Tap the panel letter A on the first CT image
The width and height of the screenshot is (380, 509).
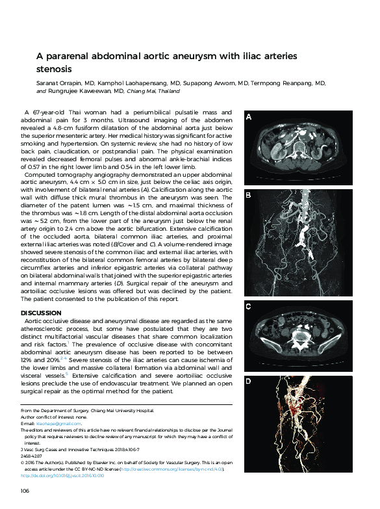pos(247,118)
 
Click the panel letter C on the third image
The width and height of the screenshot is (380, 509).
pos(247,306)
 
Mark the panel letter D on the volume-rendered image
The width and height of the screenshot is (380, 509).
pos(247,381)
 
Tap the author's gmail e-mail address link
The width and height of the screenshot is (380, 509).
pos(51,423)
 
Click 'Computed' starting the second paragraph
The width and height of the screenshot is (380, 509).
pos(42,176)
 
